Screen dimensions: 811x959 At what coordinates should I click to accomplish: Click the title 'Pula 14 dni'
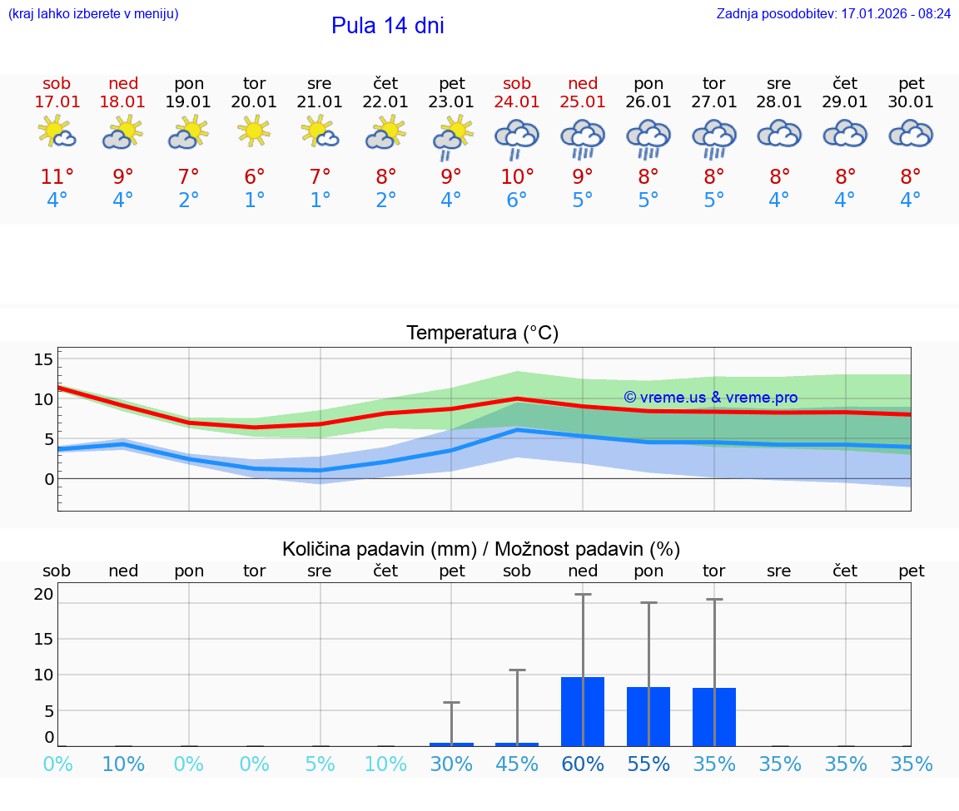click(387, 26)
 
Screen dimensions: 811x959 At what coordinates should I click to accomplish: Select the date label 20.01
click(254, 102)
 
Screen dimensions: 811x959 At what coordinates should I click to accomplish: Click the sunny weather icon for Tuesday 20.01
click(254, 131)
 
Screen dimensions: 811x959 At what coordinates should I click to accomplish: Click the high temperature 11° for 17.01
click(57, 177)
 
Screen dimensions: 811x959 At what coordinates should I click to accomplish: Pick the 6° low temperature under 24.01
click(517, 200)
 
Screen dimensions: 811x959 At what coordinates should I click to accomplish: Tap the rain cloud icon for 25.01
click(583, 138)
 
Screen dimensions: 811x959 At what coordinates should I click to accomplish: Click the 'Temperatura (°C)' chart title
click(482, 334)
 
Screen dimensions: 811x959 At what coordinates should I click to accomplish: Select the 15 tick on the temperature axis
click(43, 359)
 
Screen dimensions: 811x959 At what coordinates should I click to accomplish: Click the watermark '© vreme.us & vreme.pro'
click(710, 398)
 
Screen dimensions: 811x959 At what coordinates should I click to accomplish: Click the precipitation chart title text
click(481, 549)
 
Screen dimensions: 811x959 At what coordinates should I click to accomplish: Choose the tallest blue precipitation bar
click(582, 711)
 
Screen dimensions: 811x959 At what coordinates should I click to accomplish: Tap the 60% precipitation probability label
click(583, 764)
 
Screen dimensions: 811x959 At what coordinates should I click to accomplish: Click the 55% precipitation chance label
click(648, 764)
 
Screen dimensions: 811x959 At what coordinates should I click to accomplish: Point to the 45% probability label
click(517, 764)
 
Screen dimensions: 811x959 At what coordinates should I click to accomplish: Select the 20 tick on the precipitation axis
click(43, 594)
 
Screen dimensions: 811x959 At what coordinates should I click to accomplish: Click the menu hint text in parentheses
click(92, 14)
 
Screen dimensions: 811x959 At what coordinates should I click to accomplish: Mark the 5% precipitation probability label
click(320, 764)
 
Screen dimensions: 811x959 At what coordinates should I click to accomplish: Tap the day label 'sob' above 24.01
click(517, 84)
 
